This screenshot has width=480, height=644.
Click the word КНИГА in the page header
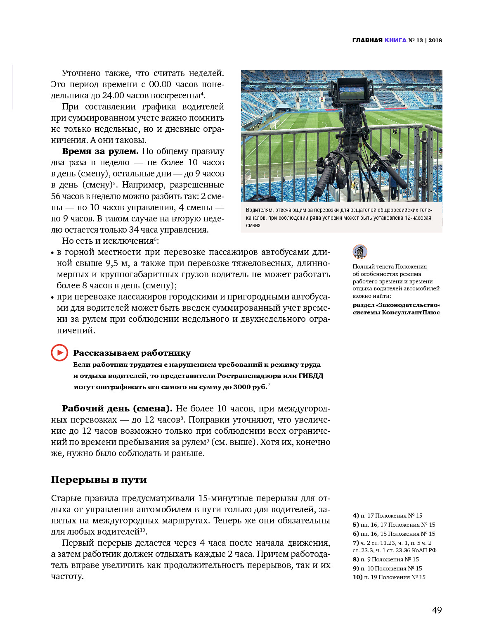[395, 40]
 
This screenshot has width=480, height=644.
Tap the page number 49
[437, 610]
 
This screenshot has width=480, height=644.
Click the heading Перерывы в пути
[99, 480]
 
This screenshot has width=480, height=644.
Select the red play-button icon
[59, 352]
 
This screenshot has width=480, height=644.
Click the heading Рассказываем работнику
[132, 353]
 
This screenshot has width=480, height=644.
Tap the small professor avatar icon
[360, 251]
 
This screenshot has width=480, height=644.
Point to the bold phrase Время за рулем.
[100, 151]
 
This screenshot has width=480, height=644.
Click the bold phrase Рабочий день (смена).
[117, 409]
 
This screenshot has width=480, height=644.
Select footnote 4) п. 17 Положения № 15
[387, 516]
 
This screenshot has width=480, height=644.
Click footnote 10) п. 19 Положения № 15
[389, 577]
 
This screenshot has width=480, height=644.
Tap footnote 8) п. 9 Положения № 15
[385, 559]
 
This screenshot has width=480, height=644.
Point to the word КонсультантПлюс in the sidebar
[411, 312]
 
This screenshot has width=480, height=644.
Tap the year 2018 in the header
[435, 40]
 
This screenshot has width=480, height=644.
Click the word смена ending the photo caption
[253, 225]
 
